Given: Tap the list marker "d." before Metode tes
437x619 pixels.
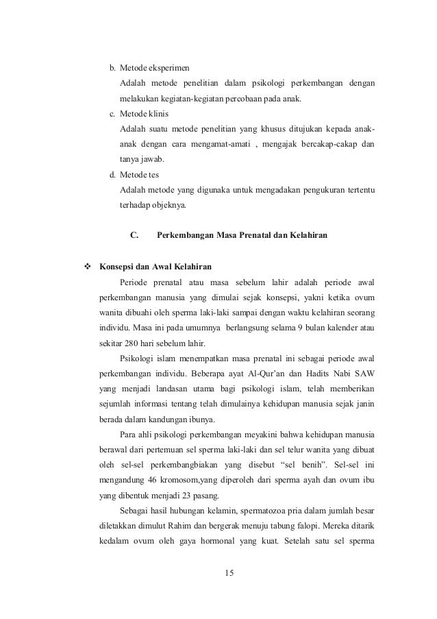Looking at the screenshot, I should click(x=114, y=174).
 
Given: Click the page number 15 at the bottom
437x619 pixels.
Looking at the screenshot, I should click(x=229, y=572).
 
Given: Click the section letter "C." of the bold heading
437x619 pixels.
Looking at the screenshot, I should click(x=135, y=236).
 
